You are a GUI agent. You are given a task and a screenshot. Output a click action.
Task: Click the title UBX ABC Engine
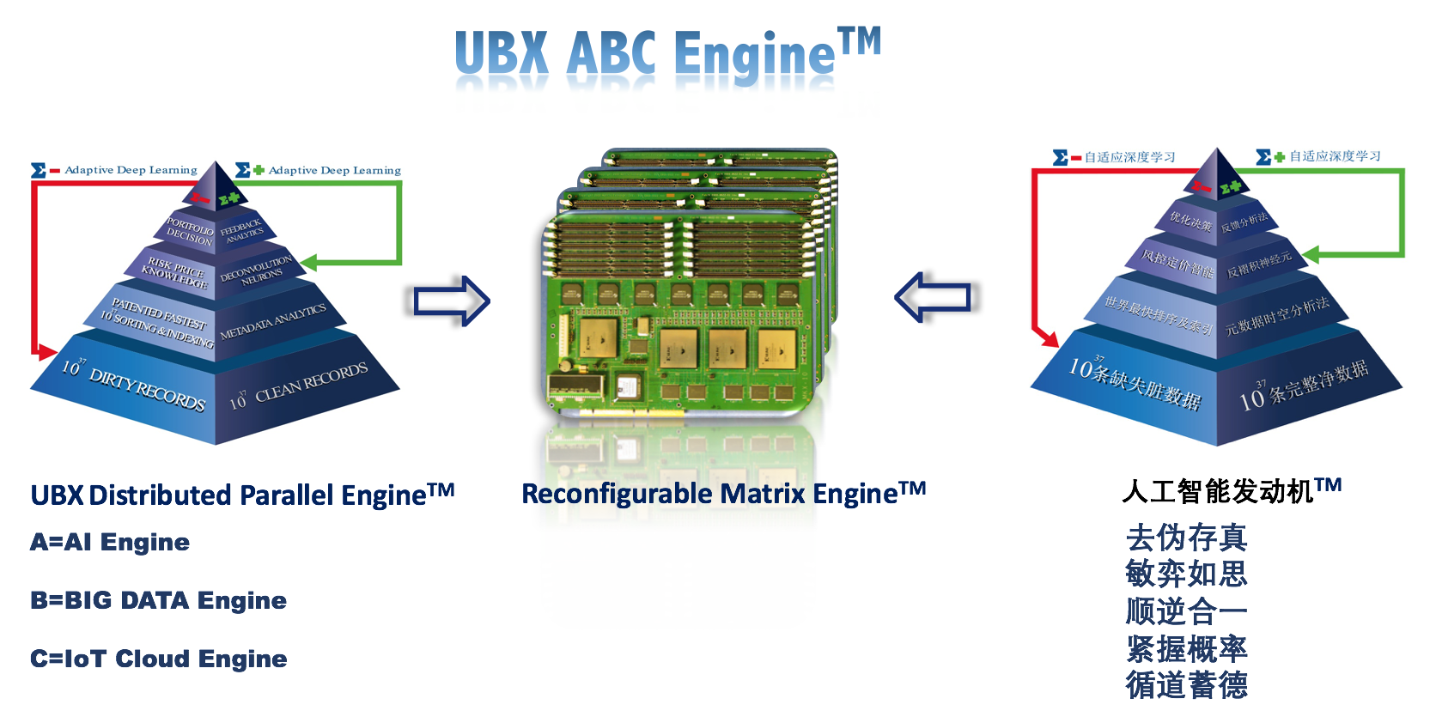pos(666,53)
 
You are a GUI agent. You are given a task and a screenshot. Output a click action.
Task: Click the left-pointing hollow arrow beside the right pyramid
pos(933,297)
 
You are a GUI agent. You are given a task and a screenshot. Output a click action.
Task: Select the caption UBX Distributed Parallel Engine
pos(242,495)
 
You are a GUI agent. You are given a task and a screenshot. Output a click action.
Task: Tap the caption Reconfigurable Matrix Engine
pos(723,494)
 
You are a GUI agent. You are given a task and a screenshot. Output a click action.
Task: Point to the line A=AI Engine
pos(110,543)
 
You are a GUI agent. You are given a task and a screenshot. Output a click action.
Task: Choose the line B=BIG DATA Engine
pos(158,601)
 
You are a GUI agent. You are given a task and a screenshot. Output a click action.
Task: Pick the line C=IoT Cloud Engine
pos(158,659)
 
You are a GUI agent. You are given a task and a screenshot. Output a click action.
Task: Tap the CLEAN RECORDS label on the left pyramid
pos(309,383)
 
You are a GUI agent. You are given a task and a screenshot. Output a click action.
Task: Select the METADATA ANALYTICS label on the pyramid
pos(273,321)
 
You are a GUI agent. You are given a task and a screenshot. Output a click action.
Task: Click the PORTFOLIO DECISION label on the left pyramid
pos(190,231)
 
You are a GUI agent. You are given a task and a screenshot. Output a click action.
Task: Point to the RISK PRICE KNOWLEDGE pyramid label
pos(175,271)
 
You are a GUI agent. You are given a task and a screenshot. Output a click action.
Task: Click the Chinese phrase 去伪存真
pos(1186,538)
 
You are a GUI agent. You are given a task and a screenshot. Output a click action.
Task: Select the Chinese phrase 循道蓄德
pos(1186,685)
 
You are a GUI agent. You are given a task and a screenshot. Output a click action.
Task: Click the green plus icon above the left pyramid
pos(259,170)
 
